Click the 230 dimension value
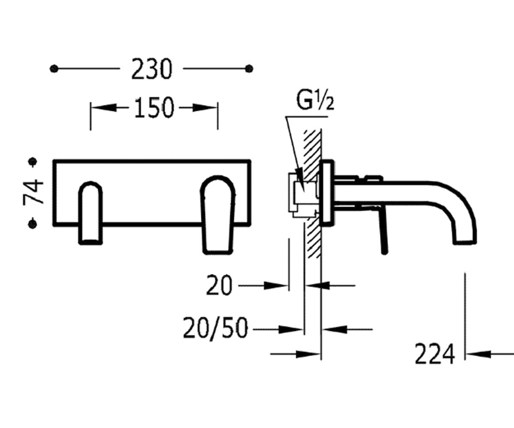click(151, 69)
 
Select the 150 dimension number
click(154, 107)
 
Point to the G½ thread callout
click(315, 101)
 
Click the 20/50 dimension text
click(215, 329)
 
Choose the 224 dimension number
click(434, 354)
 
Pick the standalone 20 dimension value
click(219, 285)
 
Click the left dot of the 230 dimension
click(54, 68)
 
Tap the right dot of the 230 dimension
click(249, 68)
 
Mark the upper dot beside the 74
click(33, 161)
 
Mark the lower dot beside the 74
click(33, 224)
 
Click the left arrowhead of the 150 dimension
click(103, 107)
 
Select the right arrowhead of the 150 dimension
click(205, 107)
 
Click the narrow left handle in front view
click(90, 213)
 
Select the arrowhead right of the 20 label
click(276, 285)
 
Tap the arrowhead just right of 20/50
click(290, 330)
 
